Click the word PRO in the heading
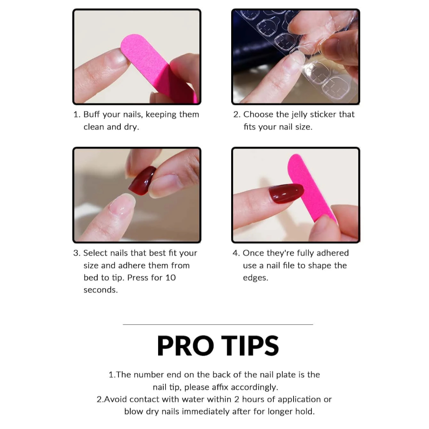[186, 346]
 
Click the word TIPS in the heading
[250, 346]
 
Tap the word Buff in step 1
[92, 114]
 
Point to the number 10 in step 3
[170, 278]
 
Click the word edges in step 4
[255, 278]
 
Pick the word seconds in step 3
[100, 290]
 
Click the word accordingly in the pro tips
[255, 388]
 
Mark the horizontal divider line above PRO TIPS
[218, 325]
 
